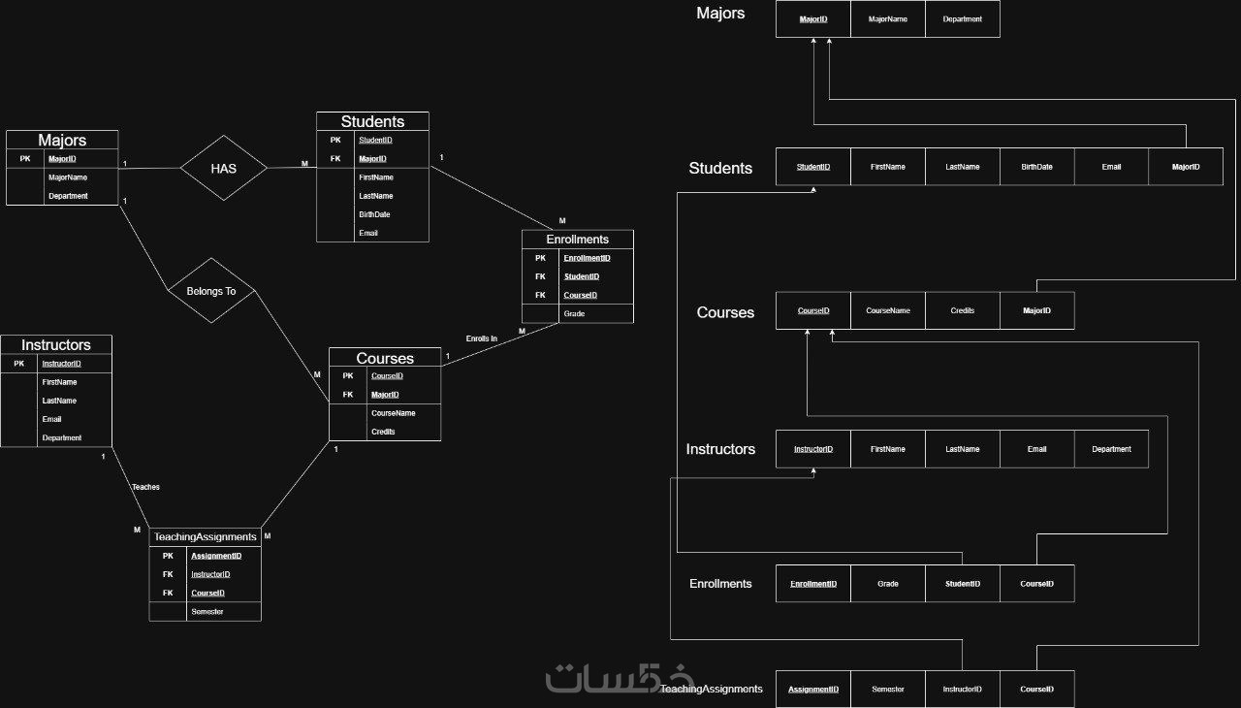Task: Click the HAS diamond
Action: tap(224, 168)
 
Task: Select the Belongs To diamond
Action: tap(210, 291)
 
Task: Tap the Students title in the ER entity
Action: tap(372, 121)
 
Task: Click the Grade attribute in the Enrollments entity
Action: tap(574, 313)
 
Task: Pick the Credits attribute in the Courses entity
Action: tap(383, 431)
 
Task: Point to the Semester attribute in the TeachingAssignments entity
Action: tap(207, 611)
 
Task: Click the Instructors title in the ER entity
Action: tap(56, 344)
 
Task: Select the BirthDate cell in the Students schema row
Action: tap(1036, 167)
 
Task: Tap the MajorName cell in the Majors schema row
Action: tap(888, 18)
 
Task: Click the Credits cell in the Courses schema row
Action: tap(963, 310)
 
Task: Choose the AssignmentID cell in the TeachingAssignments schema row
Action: tap(813, 690)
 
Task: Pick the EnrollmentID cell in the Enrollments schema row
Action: tap(813, 584)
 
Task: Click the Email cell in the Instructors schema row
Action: tap(1036, 449)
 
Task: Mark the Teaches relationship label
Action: tap(145, 487)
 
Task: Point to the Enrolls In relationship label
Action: tap(482, 338)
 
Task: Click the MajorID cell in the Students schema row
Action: tap(1186, 167)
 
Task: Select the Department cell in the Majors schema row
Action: tap(963, 18)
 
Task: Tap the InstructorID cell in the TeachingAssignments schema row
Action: tap(963, 690)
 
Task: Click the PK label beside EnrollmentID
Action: tap(540, 258)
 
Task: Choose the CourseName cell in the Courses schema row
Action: tap(888, 310)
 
